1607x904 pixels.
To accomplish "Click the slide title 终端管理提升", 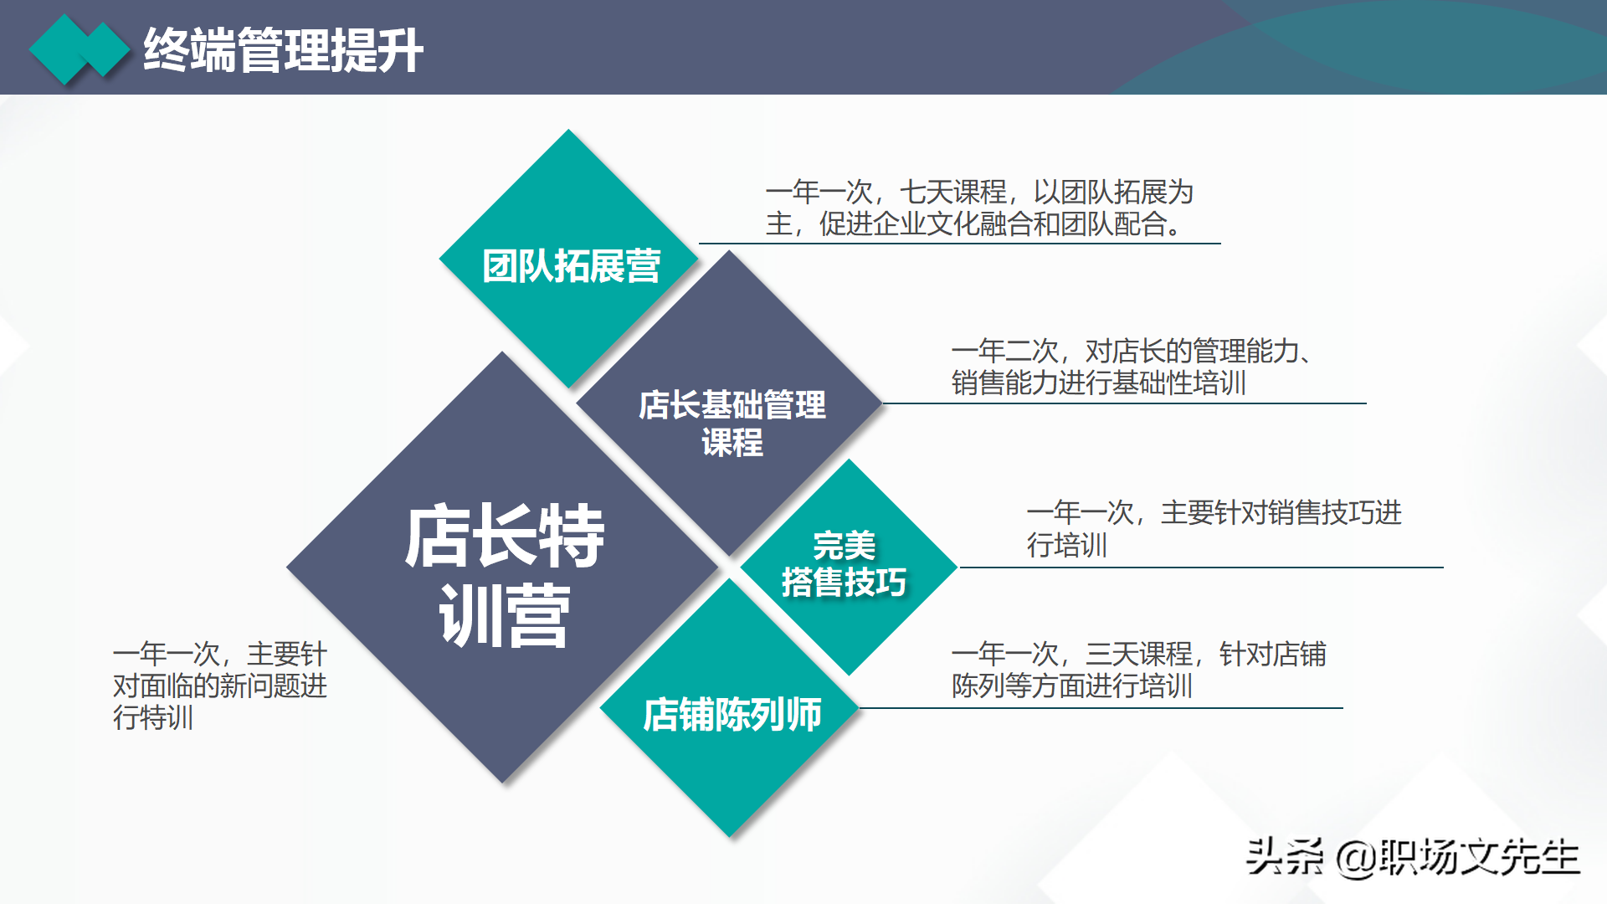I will [283, 50].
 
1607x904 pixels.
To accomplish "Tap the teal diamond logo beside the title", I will [80, 50].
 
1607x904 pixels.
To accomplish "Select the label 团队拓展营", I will [571, 266].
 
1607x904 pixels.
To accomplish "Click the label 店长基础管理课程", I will [732, 423].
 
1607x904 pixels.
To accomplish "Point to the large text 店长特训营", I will [504, 575].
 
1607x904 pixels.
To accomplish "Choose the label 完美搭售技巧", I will [844, 565].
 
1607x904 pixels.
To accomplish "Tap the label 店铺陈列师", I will [732, 715].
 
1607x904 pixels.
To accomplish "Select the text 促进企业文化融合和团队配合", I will [991, 224].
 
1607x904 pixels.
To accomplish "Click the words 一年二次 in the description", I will [1004, 352].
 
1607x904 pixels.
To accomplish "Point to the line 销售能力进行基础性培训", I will [1098, 383].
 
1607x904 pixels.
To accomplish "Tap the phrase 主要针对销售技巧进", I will [1281, 512].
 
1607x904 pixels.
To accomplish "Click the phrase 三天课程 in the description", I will [1138, 654].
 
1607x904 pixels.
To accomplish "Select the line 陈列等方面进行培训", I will [1071, 686].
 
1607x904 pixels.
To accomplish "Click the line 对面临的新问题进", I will [219, 686].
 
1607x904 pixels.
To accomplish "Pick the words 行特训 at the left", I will [153, 718].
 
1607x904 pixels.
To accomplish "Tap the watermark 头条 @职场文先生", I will [1412, 857].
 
